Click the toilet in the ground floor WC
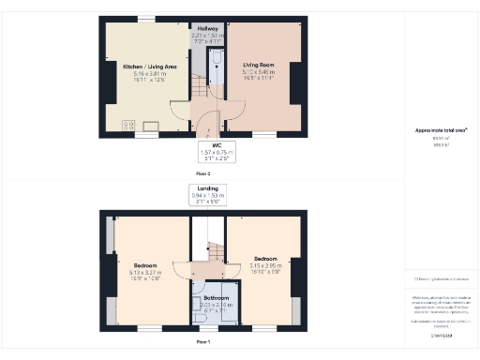216,59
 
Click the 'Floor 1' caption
202,343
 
